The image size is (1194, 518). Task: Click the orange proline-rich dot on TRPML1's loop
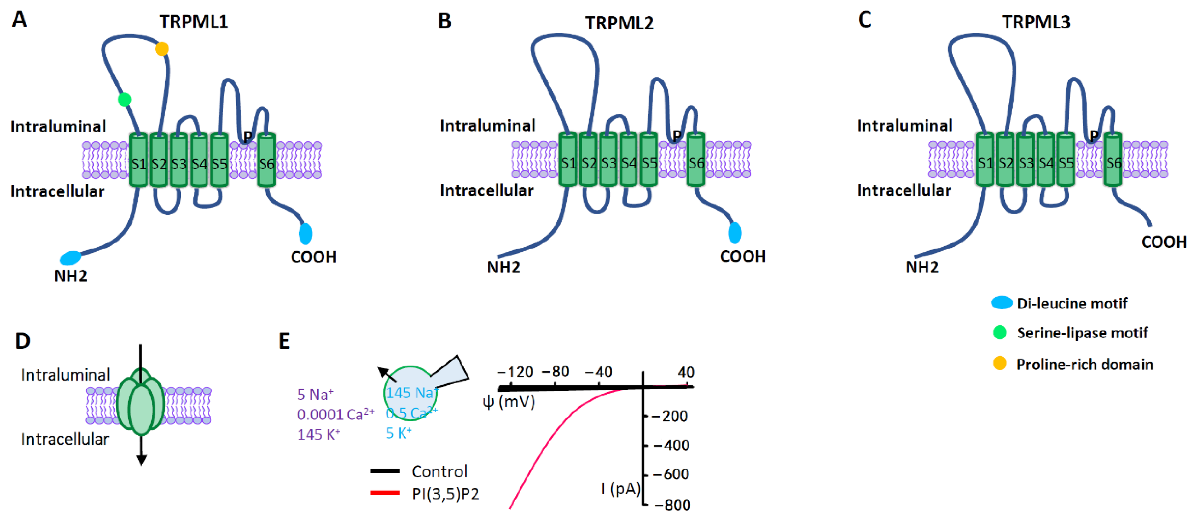click(x=162, y=49)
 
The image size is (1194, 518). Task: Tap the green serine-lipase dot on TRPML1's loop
click(x=124, y=99)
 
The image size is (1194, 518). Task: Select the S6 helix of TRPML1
click(x=267, y=160)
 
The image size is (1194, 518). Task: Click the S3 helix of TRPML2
click(x=609, y=160)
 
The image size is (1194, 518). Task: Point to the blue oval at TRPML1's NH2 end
click(x=71, y=258)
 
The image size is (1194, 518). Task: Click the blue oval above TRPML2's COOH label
click(x=735, y=233)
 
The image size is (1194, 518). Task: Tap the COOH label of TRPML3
click(x=1163, y=242)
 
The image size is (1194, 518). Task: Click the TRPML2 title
click(x=619, y=23)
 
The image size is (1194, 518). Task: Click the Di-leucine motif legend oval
click(x=1001, y=303)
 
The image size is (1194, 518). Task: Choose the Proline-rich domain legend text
click(x=1085, y=364)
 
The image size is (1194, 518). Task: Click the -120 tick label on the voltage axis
click(x=514, y=372)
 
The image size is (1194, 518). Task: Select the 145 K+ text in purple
click(x=318, y=434)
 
